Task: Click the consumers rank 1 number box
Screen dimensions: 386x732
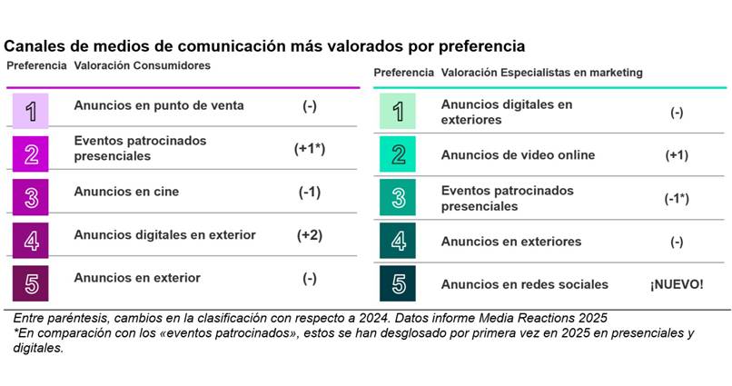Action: (x=31, y=110)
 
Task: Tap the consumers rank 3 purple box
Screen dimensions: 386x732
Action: (x=31, y=196)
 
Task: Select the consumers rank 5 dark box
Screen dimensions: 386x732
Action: (x=31, y=282)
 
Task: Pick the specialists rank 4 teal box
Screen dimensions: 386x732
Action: (x=398, y=242)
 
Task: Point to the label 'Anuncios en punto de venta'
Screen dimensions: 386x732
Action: (x=159, y=105)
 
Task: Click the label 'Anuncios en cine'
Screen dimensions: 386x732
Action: (x=126, y=192)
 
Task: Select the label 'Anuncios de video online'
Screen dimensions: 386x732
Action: (x=518, y=155)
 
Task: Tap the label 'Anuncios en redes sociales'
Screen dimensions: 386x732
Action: (x=525, y=284)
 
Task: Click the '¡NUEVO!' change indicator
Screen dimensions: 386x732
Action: (x=676, y=284)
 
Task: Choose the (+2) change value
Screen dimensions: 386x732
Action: (x=310, y=235)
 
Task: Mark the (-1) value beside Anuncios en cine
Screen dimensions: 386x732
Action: (x=310, y=192)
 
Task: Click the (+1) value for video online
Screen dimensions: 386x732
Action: (x=677, y=155)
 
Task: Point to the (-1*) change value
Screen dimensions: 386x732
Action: (x=677, y=199)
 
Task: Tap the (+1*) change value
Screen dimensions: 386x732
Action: (x=310, y=149)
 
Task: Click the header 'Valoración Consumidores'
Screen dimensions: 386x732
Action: (x=142, y=66)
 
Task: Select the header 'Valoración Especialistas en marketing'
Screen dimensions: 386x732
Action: (x=541, y=73)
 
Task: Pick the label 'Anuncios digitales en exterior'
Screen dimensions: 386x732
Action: (x=164, y=235)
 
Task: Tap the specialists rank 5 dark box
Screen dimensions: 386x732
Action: (x=398, y=284)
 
